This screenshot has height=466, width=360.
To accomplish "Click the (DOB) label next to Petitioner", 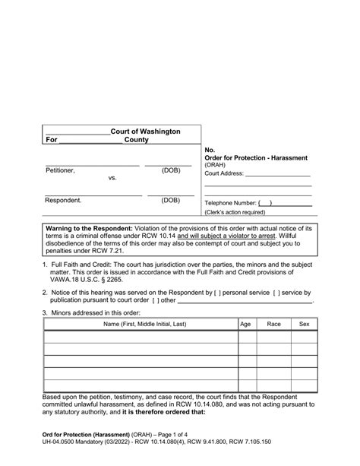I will pos(170,171).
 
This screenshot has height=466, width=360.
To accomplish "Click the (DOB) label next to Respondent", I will pos(170,201).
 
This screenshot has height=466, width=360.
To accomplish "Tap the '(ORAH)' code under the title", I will pos(216,165).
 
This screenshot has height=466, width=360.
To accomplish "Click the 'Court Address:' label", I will pos(225,173).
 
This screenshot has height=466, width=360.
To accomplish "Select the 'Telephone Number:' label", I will pos(230,204).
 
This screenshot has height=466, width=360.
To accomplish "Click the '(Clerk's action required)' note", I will pos(238,212).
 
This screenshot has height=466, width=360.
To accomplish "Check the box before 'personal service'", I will pos(219,293).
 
